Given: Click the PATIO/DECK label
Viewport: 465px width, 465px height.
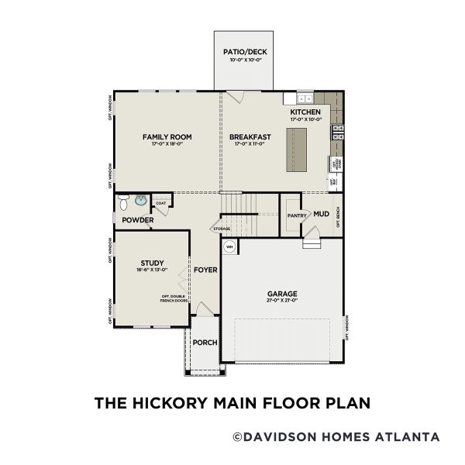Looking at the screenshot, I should point(244,52).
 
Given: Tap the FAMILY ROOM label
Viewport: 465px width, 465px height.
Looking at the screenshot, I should point(167,136).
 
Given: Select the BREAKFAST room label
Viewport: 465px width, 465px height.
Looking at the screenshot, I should point(249,136).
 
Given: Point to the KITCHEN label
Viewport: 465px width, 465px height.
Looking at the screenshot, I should point(305,112).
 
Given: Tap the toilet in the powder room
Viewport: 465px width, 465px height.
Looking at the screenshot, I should point(124,201).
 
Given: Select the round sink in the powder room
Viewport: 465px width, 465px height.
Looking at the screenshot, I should point(139,201).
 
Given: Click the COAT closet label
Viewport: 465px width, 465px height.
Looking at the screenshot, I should point(161,203).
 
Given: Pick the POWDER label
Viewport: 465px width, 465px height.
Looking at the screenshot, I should point(137,220).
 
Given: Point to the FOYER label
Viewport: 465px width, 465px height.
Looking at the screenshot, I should point(205,270).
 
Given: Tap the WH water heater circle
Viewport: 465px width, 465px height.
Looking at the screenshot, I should point(230,247).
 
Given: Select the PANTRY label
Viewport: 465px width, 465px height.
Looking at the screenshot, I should point(297,215).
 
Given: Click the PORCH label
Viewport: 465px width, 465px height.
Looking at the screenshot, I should point(205,343).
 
